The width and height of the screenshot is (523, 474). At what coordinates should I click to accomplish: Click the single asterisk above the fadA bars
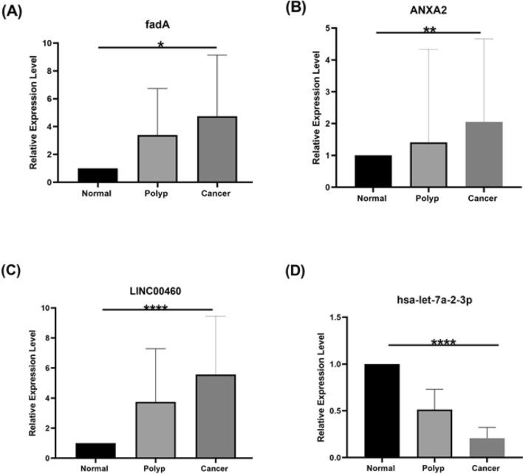tap(160, 45)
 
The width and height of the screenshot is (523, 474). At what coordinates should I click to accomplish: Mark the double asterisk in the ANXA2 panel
tap(428, 31)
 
